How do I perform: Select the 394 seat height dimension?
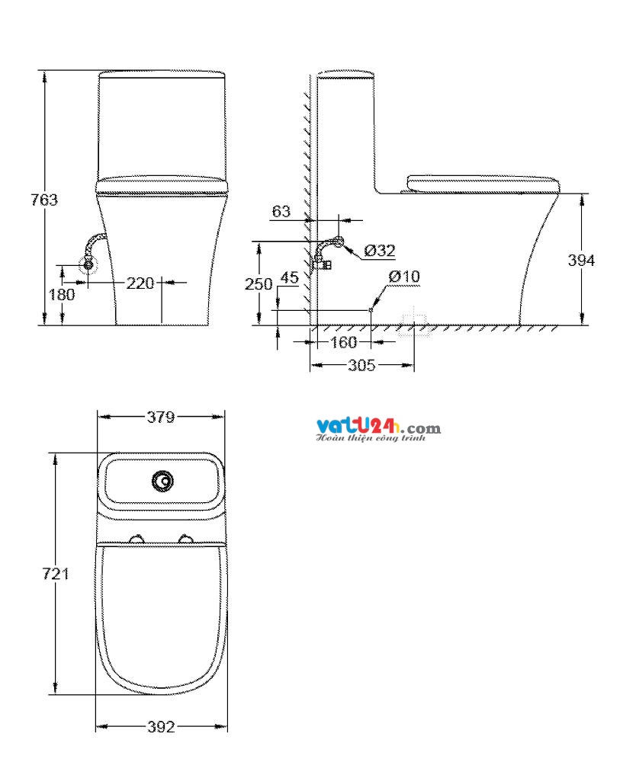(582, 260)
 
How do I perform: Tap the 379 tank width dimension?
(161, 417)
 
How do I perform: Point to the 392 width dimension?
(161, 726)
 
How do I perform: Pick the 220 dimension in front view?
(140, 283)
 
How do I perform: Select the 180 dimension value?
(63, 294)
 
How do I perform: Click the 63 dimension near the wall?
(281, 211)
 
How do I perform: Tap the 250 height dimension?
(258, 283)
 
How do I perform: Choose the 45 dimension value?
(289, 277)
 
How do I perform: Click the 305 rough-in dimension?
(361, 366)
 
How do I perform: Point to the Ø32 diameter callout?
(379, 250)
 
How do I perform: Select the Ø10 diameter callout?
(403, 277)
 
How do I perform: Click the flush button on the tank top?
(162, 481)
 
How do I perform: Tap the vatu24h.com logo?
(377, 430)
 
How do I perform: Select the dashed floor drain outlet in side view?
(414, 323)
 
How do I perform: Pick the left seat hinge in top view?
(138, 539)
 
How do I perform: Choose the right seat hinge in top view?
(185, 539)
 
